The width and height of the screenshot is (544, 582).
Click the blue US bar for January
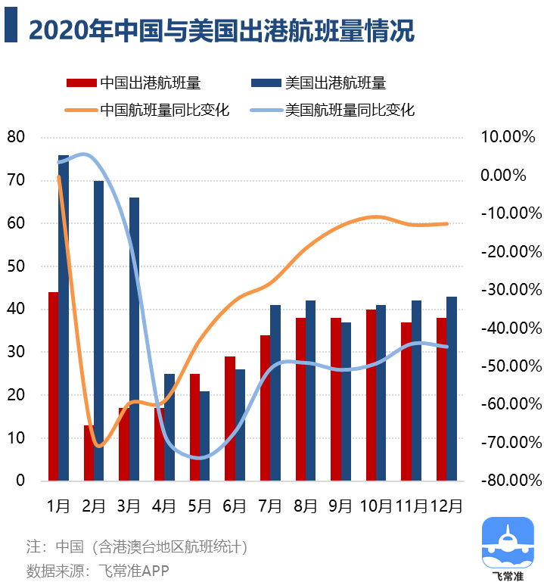click(x=64, y=318)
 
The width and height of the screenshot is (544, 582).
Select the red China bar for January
click(x=53, y=386)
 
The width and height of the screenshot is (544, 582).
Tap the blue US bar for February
click(x=99, y=331)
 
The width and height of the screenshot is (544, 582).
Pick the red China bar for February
click(x=89, y=453)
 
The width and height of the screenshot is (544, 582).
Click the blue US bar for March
click(x=134, y=339)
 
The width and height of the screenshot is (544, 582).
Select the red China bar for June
click(x=230, y=418)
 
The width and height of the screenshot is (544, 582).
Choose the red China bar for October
click(x=371, y=394)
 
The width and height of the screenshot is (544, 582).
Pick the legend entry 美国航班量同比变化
click(x=350, y=110)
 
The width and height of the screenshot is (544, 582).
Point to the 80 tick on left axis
click(x=16, y=137)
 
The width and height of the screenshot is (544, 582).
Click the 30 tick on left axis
click(x=16, y=352)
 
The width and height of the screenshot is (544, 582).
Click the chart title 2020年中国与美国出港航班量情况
click(x=221, y=30)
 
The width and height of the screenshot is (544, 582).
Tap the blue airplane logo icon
click(x=507, y=542)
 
